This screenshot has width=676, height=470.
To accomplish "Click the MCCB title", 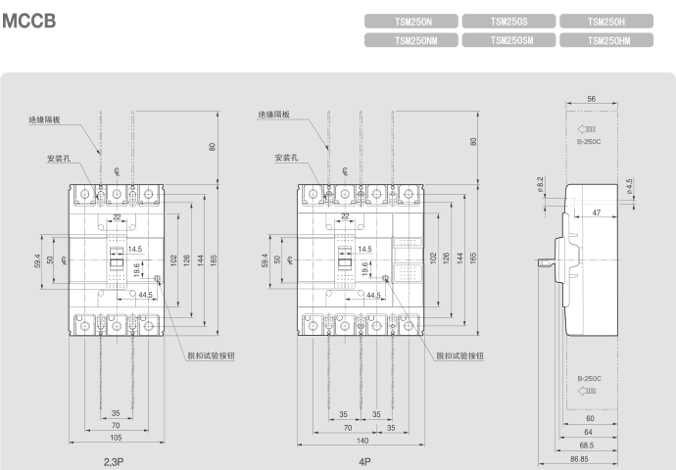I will coord(28,21).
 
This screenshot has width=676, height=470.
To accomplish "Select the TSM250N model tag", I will coord(411,21).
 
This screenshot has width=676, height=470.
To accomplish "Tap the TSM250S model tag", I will coord(508,21).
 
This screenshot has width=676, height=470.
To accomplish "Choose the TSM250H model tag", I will coord(606,21).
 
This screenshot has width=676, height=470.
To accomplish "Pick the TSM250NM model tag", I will coord(411,40).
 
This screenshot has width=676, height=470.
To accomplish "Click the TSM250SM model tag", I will coord(508,40).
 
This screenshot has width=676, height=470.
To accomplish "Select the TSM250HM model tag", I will coord(606,40).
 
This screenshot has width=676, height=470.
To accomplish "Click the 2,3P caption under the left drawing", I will coord(116,458).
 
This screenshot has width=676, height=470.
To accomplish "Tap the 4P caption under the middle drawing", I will coord(364,458).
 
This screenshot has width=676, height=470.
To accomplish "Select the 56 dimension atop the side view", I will coord(592,100).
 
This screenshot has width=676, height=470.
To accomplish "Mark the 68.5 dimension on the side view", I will coord(588,444).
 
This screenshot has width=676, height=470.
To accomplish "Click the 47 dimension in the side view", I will coord(597,212).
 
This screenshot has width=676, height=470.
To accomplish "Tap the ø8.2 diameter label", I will coord(540,183).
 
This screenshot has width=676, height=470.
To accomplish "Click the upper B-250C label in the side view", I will coord(589,143).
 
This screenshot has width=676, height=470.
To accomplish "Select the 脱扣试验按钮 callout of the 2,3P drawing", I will coord(211,355).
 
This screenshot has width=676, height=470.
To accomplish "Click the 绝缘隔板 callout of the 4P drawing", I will coord(274,114).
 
